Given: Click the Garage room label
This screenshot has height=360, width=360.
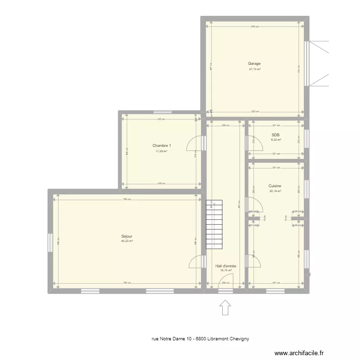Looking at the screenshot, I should (x=254, y=63).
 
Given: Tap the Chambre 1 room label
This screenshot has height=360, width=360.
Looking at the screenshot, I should (x=162, y=145).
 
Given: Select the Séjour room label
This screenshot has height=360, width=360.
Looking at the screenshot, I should (x=127, y=236).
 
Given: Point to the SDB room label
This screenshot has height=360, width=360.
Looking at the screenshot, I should (x=276, y=135).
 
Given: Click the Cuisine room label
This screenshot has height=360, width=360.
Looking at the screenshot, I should (x=275, y=186).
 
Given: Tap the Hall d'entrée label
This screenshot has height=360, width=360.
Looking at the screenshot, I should (x=226, y=265).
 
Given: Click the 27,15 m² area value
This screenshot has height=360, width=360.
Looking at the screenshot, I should (x=254, y=69).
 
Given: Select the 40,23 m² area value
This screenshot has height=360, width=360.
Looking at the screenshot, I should (x=127, y=241).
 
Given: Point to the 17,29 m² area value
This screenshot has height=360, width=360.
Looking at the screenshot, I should (x=161, y=151).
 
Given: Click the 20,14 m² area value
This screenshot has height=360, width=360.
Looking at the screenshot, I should (x=275, y=191).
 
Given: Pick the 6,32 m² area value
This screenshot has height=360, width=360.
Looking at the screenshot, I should (x=276, y=140).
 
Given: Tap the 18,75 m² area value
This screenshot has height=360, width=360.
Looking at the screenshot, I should (x=226, y=270).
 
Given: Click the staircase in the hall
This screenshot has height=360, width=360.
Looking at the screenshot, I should (x=215, y=224).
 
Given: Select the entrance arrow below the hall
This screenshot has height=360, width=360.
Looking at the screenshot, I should (x=224, y=307).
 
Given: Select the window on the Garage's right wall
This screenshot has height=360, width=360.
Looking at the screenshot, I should (x=307, y=63).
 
